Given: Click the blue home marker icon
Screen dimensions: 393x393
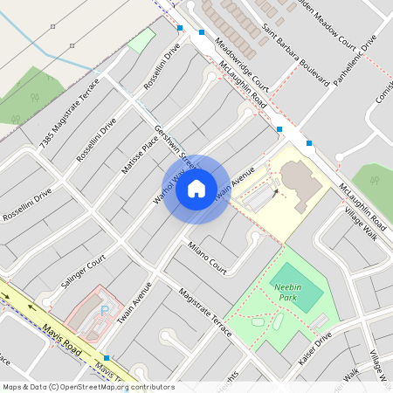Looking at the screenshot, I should coord(196,188).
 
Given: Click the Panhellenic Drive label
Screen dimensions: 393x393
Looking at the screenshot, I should coord(355,56).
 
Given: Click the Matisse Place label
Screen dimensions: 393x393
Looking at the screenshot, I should coord(139,151).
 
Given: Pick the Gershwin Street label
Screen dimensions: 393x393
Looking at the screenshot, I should coord(174,145).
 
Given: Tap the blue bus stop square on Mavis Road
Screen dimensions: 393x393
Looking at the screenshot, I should coord(107,358).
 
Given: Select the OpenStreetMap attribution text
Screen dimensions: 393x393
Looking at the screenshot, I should coord(87,387).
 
